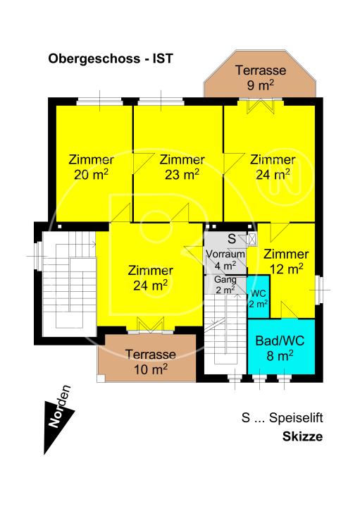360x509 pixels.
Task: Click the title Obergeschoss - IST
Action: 111,59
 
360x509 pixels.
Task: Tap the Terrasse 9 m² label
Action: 261,78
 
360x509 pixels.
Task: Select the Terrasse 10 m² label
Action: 151,362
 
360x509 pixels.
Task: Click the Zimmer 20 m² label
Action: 91,167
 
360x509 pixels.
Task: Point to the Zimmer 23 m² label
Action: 182,167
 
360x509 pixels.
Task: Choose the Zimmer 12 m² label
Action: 286,262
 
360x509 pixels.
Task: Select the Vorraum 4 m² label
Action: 225,259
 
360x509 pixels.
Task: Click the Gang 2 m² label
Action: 225,285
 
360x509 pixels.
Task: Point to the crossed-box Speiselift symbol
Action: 252,240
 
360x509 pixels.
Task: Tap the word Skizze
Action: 302,436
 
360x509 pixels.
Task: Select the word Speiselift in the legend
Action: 296,418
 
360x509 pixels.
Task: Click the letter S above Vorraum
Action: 232,239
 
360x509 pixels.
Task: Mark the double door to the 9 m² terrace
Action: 260,106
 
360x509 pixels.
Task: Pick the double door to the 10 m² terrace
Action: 151,325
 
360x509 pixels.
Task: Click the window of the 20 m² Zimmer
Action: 99,102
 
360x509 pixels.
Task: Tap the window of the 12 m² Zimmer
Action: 319,289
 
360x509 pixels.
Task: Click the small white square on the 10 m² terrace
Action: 101,379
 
